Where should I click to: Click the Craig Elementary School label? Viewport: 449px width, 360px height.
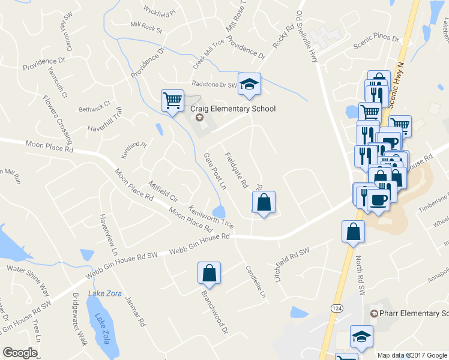[x=233, y=109]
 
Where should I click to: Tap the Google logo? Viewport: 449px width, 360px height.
[x=20, y=353]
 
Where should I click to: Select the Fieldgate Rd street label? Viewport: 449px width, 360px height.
[x=236, y=170]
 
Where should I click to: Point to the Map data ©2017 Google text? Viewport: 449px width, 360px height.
[x=412, y=355]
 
